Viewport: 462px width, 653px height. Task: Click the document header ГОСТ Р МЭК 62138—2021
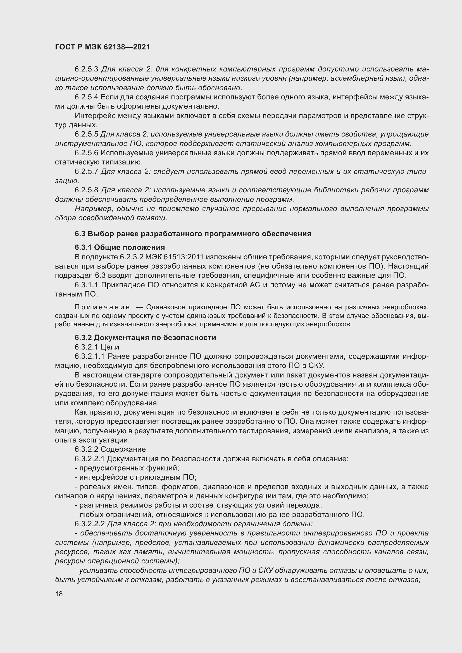[103, 47]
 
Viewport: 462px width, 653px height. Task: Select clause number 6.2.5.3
[86, 69]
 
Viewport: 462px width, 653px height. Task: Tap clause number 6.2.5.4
[86, 97]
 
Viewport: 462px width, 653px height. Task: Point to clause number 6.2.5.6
[86, 153]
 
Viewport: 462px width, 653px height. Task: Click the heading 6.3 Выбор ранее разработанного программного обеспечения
[193, 233]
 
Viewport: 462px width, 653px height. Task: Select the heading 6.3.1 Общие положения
[120, 247]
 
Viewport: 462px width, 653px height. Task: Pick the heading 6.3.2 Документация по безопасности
[145, 338]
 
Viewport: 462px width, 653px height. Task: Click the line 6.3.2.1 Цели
[97, 347]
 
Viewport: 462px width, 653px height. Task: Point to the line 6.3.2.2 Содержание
[110, 449]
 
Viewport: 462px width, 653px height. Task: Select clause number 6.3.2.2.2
[90, 523]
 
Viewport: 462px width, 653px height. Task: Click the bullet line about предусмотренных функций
[127, 468]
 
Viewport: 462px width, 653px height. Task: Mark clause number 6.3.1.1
[86, 285]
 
